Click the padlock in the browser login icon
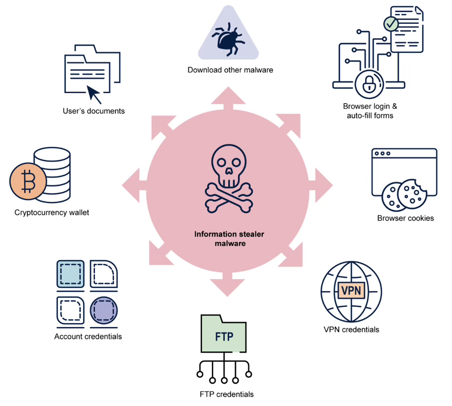pyautogui.click(x=368, y=85)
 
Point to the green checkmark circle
pyautogui.click(x=391, y=23)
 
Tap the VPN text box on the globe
pyautogui.click(x=351, y=290)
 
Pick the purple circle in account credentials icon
pyautogui.click(x=104, y=310)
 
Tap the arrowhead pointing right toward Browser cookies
pyautogui.click(x=324, y=180)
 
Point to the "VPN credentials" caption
pyautogui.click(x=351, y=330)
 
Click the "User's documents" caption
pyautogui.click(x=94, y=111)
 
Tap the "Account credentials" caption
pyautogui.click(x=88, y=337)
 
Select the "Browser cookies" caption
pyautogui.click(x=405, y=218)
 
